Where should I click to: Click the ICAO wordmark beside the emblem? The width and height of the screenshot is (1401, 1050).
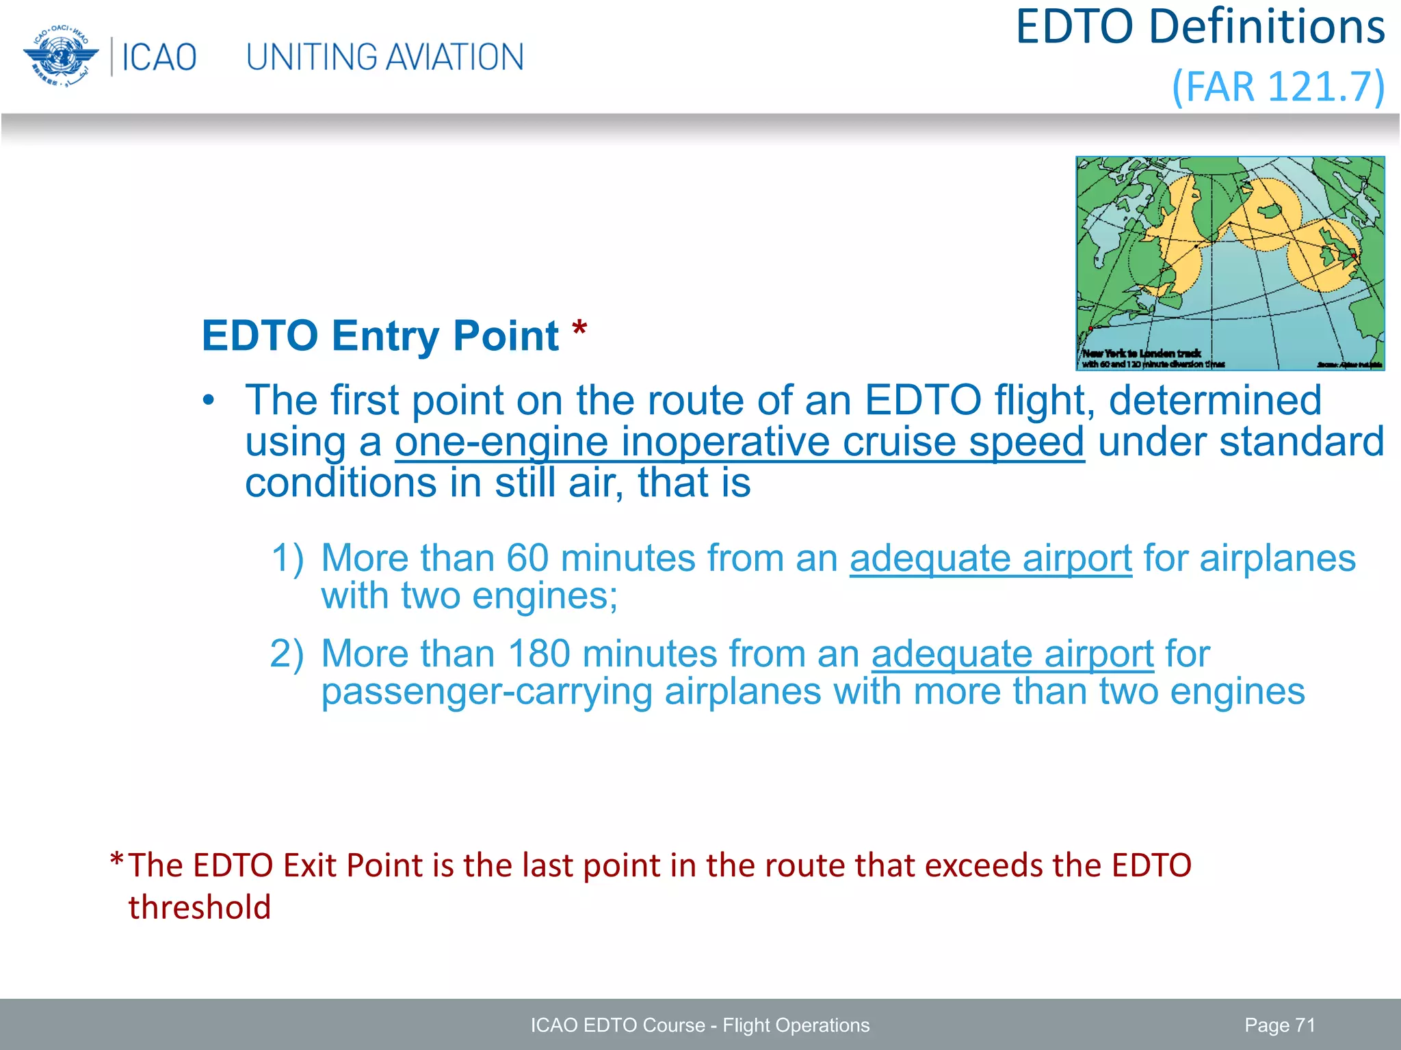159,57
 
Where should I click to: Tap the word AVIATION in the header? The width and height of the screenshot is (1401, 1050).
459,57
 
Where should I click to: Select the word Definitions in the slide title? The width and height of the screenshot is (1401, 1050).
1266,27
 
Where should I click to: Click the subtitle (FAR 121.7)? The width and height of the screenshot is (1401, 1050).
1278,87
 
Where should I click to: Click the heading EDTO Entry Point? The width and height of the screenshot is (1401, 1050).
380,336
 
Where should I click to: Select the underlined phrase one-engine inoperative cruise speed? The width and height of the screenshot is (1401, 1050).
739,442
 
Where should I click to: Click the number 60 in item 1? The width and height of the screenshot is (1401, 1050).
527,558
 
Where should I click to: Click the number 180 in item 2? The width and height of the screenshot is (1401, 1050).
539,654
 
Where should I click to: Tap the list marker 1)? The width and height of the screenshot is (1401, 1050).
287,558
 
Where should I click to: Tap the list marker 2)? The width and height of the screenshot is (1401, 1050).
287,654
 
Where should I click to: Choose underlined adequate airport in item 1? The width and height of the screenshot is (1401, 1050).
991,558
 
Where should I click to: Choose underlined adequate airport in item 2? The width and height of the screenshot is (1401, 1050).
1012,654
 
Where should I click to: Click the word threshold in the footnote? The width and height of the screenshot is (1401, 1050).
200,908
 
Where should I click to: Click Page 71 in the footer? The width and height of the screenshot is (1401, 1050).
1279,1025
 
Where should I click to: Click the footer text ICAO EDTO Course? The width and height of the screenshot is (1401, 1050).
617,1025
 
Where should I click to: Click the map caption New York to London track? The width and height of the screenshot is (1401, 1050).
1142,353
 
